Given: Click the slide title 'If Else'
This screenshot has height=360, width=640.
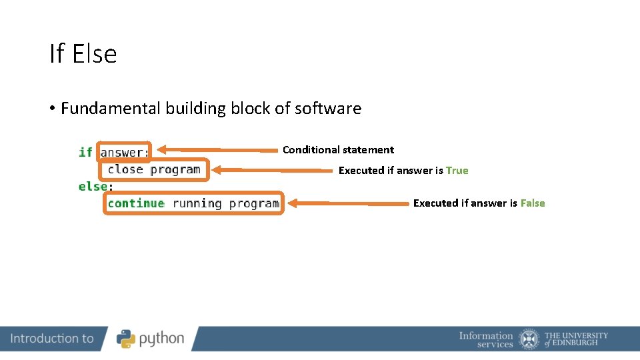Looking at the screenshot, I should point(83,54).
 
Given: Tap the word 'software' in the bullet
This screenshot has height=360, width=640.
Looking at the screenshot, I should point(329,109).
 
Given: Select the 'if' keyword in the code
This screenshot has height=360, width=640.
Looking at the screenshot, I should point(85,153).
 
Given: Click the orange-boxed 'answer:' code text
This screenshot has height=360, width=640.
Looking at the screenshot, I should point(124,153).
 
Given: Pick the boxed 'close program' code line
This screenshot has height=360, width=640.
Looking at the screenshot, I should point(154,169).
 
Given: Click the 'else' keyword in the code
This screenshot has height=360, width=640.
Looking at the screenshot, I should point(93,187).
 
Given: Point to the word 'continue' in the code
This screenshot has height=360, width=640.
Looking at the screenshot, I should point(136,203).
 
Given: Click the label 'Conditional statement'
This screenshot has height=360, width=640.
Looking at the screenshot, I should point(338,150).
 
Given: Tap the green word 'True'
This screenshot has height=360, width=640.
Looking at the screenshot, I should point(457,171).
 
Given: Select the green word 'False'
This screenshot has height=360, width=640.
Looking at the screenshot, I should point(533,203).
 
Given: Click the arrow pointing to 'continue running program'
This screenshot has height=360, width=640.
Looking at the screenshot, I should point(347,203).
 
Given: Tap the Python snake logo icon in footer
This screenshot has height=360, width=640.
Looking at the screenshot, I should point(126,339).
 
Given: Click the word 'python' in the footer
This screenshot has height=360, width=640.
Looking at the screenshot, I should point(161,339).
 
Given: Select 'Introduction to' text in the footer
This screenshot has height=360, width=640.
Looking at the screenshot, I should point(52,339).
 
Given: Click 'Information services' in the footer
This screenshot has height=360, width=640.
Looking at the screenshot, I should point(486,339).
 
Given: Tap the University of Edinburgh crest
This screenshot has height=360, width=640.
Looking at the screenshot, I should point(529,339).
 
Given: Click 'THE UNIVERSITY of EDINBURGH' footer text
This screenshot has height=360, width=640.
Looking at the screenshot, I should point(576,339).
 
